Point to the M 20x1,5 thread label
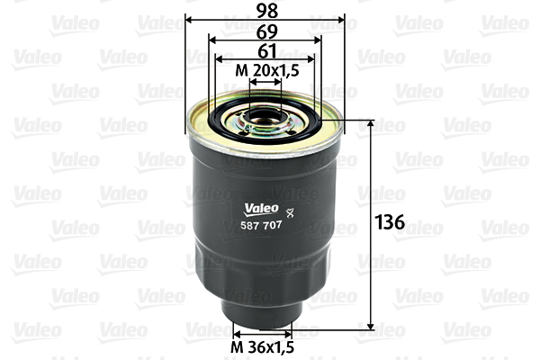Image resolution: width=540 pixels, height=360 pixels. point(265,70)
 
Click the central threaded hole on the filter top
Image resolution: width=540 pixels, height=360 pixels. point(266,115)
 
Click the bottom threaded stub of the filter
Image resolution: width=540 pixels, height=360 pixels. point(263,315)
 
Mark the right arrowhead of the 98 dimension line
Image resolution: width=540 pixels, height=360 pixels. point(342,20)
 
